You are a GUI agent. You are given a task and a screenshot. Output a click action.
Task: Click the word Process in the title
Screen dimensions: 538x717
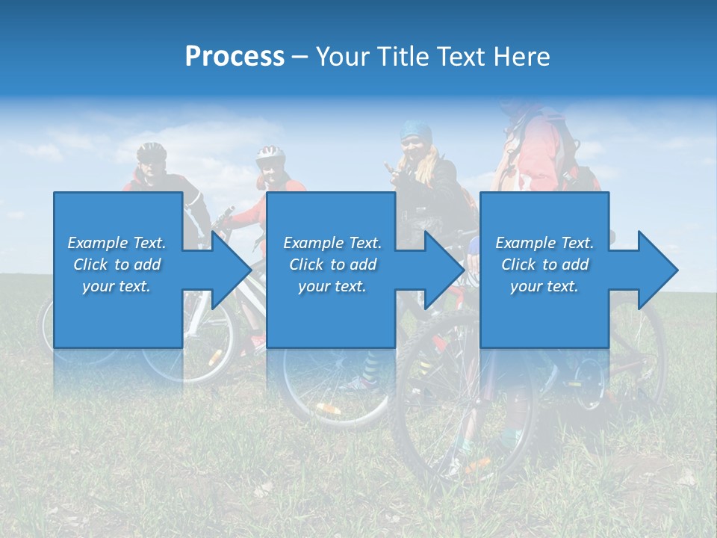tap(235, 57)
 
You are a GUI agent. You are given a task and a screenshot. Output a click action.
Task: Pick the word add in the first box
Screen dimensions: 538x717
tap(147, 265)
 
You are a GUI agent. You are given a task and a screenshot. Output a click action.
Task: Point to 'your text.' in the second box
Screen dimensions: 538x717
tap(332, 286)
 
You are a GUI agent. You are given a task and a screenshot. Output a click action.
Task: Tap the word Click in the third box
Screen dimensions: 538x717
tap(518, 265)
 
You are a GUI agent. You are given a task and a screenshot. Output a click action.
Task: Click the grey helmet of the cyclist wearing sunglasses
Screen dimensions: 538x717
tap(151, 149)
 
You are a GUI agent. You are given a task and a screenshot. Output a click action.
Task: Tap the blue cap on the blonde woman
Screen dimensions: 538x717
tap(415, 131)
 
